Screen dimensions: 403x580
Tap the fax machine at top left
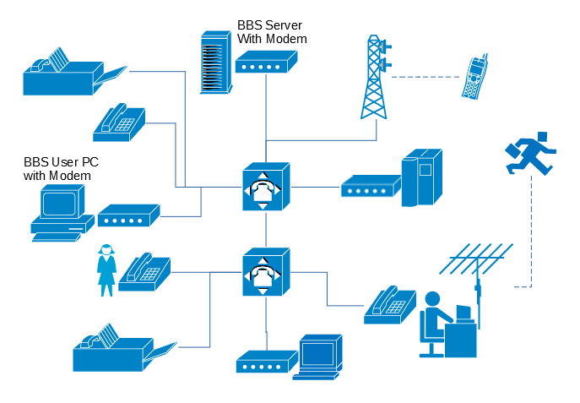tap(72, 73)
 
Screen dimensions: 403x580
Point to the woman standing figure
tap(106, 270)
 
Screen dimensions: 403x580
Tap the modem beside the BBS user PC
tap(128, 216)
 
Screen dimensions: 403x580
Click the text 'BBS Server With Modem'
tap(271, 32)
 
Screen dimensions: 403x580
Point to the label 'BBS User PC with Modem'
tap(57, 168)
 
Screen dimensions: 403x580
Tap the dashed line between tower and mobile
tap(426, 78)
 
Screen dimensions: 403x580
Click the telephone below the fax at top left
tap(119, 123)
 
